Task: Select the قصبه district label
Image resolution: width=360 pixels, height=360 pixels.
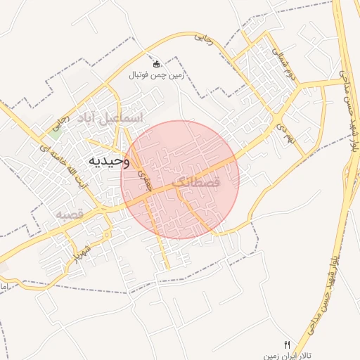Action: pyautogui.click(x=70, y=213)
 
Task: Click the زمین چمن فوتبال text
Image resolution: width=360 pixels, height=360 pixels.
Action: pyautogui.click(x=155, y=74)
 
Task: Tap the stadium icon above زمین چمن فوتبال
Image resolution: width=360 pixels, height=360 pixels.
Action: pyautogui.click(x=156, y=63)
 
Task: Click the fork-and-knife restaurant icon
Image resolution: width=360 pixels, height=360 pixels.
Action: pyautogui.click(x=286, y=344)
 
